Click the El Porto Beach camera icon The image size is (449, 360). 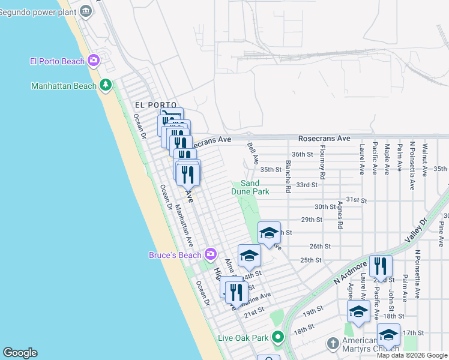coord(93,60)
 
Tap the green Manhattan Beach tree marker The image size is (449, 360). coord(106,85)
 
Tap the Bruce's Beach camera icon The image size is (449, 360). coord(210,254)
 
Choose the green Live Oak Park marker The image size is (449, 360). coord(277,337)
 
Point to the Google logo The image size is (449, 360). coord(19,353)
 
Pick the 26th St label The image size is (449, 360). coord(321,246)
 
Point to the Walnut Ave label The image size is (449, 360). coord(424,158)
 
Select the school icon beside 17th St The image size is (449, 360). coord(388,334)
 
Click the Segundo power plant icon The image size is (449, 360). coord(86,10)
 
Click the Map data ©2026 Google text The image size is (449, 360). coord(412,355)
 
